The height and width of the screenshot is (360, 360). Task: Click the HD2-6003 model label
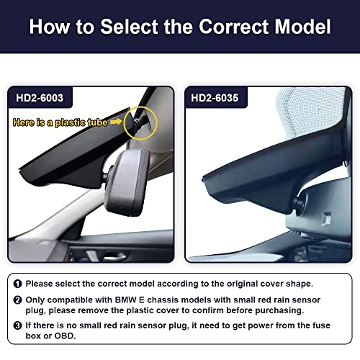tap(40, 98)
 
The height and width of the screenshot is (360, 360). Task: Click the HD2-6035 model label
tap(215, 98)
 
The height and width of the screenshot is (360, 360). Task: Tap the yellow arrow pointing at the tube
tap(116, 122)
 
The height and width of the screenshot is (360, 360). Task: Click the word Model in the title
tap(302, 27)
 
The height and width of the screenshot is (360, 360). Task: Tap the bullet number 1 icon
tap(18, 284)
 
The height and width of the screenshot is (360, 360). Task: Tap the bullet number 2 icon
tap(18, 300)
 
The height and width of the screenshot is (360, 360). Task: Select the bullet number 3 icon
tap(18, 325)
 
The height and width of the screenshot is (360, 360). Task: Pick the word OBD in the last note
tap(65, 336)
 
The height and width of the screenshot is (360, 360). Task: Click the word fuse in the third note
tap(321, 325)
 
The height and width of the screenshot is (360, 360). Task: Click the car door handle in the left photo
tap(113, 257)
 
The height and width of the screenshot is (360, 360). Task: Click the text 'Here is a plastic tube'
tap(60, 122)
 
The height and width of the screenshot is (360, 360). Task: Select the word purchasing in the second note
tap(279, 310)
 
